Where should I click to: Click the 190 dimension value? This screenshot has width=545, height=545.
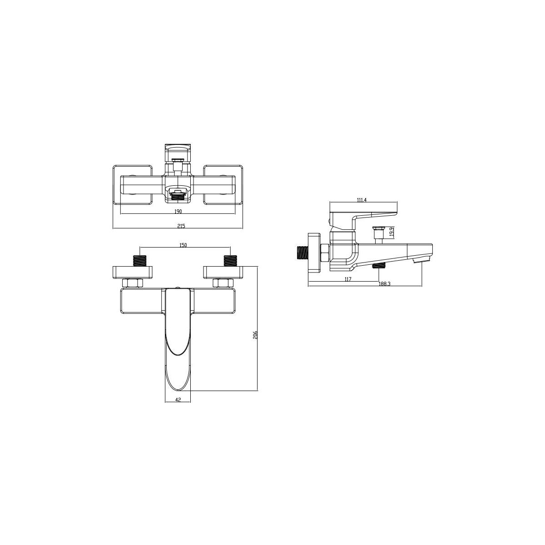pos(178,211)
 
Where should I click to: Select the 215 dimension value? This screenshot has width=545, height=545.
pos(181,226)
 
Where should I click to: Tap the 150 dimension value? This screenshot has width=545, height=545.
pos(183,245)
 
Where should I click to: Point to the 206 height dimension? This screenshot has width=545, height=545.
pos(255,336)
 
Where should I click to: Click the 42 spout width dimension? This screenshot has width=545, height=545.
pos(178,399)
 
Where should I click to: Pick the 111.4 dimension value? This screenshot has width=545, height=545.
pos(362,200)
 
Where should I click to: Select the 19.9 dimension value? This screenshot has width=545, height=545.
pos(391,232)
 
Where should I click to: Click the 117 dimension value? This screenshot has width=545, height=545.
pos(347,279)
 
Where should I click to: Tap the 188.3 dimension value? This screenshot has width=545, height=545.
pos(385,284)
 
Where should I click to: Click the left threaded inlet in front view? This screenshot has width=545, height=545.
pos(140,261)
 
